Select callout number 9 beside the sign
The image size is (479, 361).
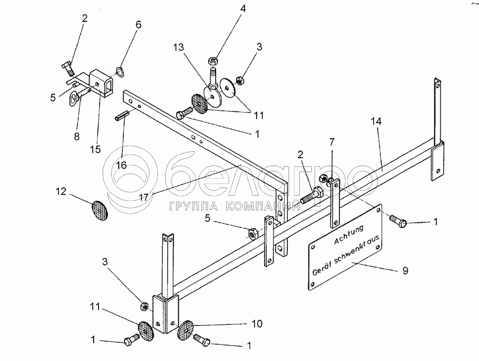point(405,270)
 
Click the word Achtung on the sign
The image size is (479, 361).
point(349,234)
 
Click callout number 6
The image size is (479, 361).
point(139,24)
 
